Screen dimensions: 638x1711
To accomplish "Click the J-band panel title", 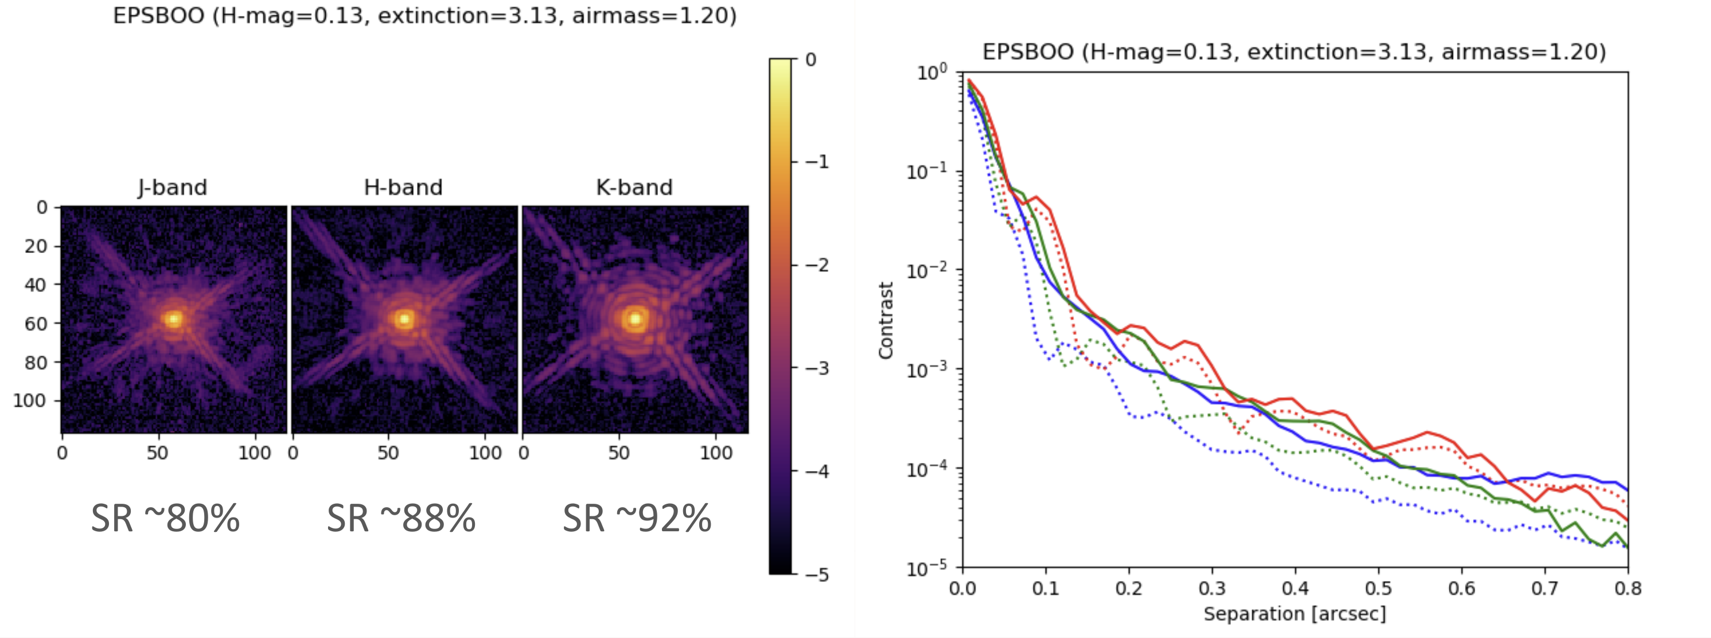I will pyautogui.click(x=173, y=188).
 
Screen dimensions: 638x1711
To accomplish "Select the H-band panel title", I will pyautogui.click(x=403, y=188).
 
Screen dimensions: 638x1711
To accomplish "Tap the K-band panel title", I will pyautogui.click(x=634, y=188).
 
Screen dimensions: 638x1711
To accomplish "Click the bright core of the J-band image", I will pyautogui.click(x=173, y=319).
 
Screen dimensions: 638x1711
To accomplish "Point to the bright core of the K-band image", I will pyautogui.click(x=635, y=319).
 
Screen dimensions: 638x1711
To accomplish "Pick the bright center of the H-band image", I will pyautogui.click(x=404, y=319).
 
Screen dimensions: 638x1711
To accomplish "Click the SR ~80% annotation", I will pyautogui.click(x=165, y=519).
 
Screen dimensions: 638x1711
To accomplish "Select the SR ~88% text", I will pyautogui.click(x=400, y=519).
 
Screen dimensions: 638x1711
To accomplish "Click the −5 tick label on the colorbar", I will pyautogui.click(x=817, y=574).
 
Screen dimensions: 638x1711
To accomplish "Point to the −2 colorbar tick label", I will pyautogui.click(x=817, y=265).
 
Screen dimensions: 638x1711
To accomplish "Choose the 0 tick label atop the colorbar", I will pyautogui.click(x=810, y=60).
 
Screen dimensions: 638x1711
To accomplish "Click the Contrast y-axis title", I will pyautogui.click(x=886, y=320).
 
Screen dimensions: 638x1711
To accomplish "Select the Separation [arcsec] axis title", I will pyautogui.click(x=1295, y=613).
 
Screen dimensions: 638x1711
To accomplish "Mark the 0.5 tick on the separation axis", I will pyautogui.click(x=1378, y=588).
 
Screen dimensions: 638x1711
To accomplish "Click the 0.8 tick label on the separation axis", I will pyautogui.click(x=1627, y=588).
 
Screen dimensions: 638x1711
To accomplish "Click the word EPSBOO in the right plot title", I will pyautogui.click(x=1027, y=52).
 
